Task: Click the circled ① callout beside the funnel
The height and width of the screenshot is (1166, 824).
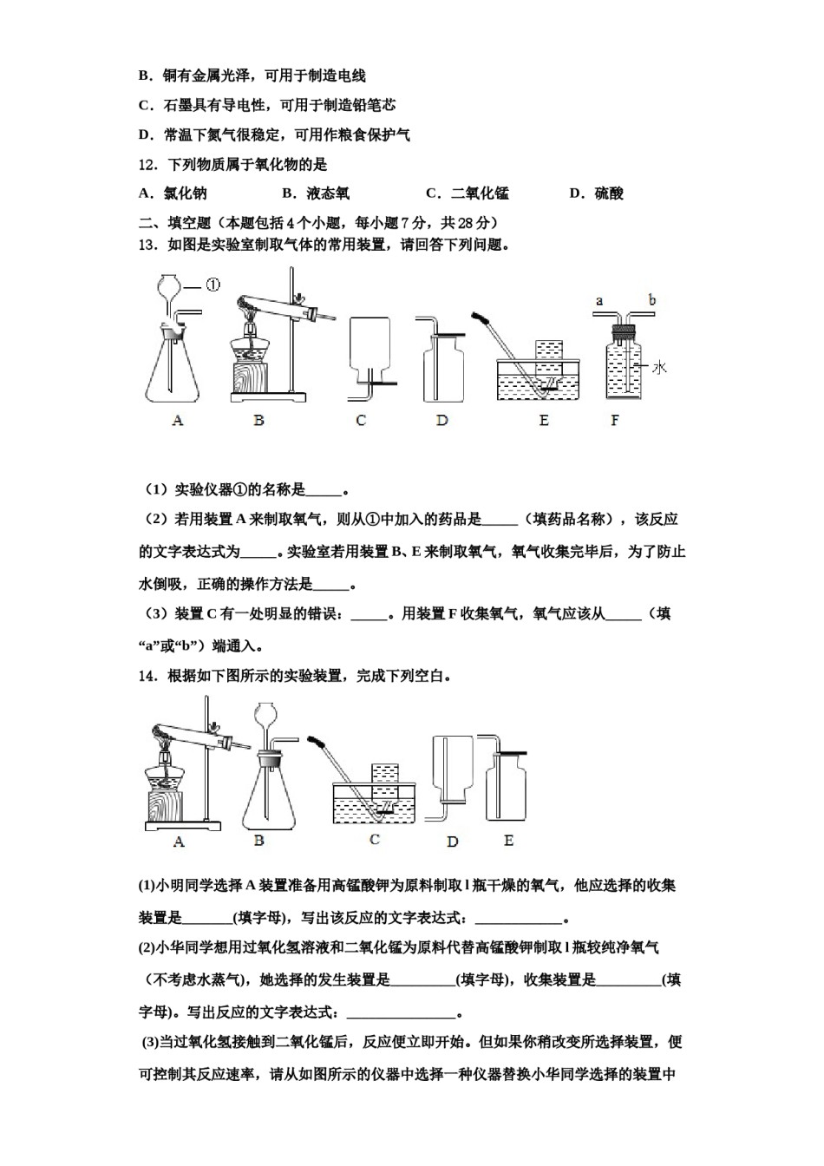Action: (x=213, y=284)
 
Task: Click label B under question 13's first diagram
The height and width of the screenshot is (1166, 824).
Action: (x=258, y=421)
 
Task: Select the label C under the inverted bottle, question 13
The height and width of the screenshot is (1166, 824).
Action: (x=361, y=421)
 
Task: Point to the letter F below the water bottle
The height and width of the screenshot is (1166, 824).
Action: (x=615, y=421)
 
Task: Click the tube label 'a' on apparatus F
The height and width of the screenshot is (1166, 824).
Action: (x=598, y=301)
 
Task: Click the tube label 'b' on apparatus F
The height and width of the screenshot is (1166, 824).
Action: (x=651, y=301)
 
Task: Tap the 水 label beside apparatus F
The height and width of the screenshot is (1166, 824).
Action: (x=659, y=368)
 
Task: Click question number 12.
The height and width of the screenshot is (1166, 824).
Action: (x=147, y=165)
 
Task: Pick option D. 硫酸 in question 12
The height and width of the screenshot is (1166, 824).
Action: (x=597, y=193)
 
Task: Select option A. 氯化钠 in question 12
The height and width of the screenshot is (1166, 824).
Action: (x=173, y=193)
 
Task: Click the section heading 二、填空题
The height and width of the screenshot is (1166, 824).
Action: (x=173, y=223)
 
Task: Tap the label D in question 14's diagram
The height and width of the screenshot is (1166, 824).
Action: (x=452, y=842)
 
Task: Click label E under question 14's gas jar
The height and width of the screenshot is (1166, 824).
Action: (x=508, y=840)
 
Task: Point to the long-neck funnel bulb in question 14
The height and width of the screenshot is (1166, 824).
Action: (x=268, y=715)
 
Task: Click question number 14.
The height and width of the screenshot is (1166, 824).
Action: (x=147, y=676)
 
